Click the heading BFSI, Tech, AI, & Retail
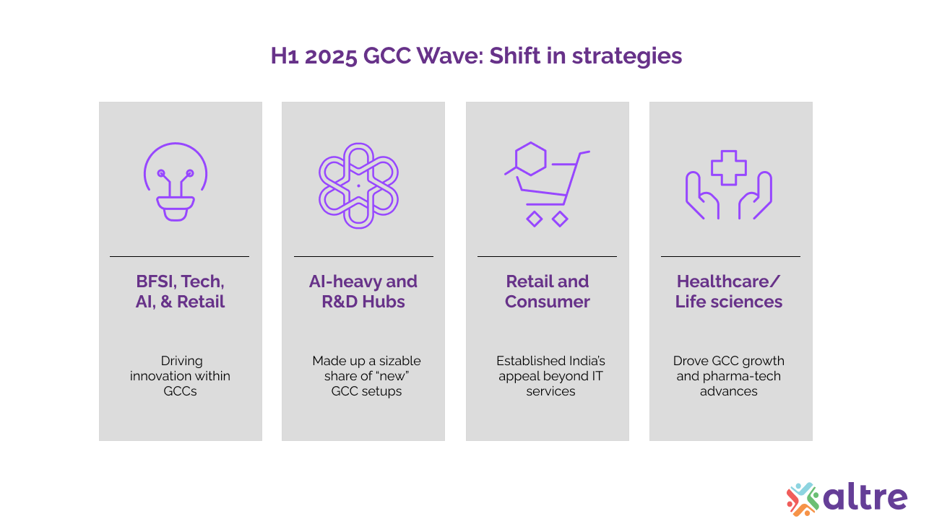180,292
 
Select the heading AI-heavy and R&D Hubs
363,292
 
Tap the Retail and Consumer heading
547,292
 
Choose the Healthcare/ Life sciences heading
729,292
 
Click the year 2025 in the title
331,56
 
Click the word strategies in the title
626,56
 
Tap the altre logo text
865,497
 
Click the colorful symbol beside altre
803,499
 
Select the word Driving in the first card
181,361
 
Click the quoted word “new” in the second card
392,376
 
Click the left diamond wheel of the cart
534,219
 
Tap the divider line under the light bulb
180,256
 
